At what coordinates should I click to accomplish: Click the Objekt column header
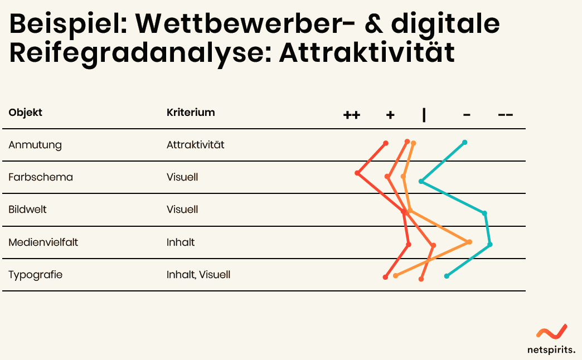[25, 113]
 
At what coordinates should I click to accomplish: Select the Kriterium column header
[191, 112]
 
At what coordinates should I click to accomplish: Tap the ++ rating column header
[352, 115]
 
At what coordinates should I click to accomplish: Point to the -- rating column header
[506, 115]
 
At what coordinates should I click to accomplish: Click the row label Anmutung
[35, 145]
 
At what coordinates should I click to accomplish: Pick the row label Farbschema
[41, 177]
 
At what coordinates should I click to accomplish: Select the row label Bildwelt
[27, 210]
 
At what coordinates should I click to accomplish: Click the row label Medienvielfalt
[43, 242]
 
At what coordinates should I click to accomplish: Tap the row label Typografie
[35, 275]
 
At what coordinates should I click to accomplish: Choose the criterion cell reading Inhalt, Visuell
[198, 275]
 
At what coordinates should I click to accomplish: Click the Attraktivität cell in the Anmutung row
[195, 145]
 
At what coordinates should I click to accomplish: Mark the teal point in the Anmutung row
[464, 143]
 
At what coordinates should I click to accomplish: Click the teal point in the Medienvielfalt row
[490, 244]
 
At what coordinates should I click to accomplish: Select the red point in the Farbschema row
[357, 173]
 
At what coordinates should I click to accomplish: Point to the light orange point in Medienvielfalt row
[469, 242]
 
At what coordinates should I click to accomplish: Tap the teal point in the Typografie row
[447, 276]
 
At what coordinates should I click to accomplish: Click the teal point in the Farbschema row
[421, 182]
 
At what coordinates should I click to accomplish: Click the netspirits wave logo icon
[552, 332]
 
